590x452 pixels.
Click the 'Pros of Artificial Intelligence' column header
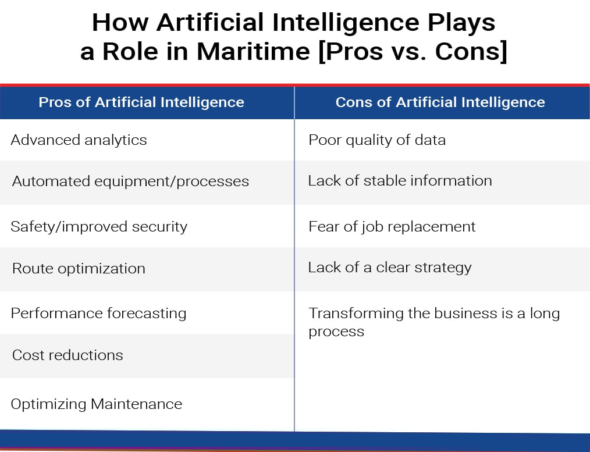[x=141, y=102]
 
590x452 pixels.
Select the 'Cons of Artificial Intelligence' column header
[x=440, y=102]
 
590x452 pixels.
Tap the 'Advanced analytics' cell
[x=79, y=140]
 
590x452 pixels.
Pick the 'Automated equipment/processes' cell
[x=130, y=181]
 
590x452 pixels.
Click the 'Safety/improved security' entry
[x=99, y=226]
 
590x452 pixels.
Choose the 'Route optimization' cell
[x=79, y=269]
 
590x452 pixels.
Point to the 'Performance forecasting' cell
[x=98, y=313]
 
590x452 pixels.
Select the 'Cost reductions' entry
[x=67, y=355]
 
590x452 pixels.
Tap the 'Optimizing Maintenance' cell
[x=97, y=404]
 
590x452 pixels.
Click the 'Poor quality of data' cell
[x=377, y=140]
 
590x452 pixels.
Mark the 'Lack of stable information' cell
[x=400, y=181]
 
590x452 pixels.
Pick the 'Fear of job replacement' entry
[x=392, y=226]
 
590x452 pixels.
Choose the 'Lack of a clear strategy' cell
[x=390, y=268]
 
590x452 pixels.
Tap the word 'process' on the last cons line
[x=336, y=332]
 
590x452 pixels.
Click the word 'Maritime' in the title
[x=253, y=52]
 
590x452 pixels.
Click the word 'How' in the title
[x=113, y=23]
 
